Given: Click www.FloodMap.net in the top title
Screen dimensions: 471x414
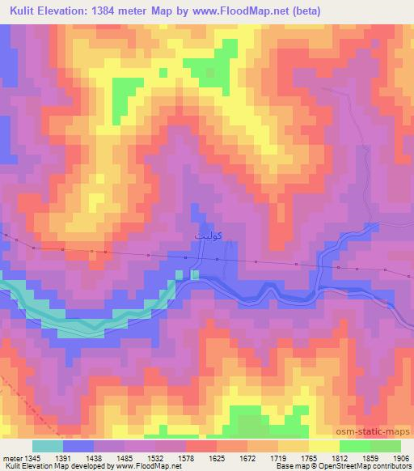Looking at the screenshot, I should tap(249, 11).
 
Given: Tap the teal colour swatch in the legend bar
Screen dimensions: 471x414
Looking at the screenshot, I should tap(47, 445).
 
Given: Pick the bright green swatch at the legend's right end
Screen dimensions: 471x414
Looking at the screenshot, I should tap(385, 445).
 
